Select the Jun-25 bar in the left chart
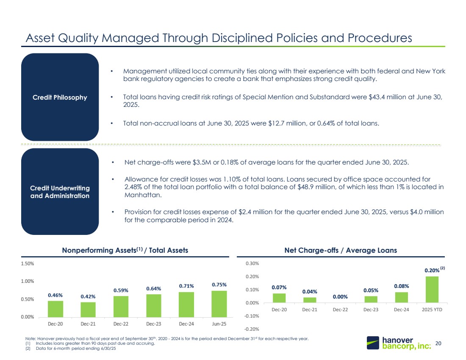(x=219, y=304)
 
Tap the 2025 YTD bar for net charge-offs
(x=432, y=290)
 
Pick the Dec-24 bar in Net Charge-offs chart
(x=401, y=297)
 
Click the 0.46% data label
(x=55, y=295)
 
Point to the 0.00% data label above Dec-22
(x=340, y=297)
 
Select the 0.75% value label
(x=219, y=285)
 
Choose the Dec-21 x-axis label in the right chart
(x=309, y=310)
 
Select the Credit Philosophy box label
(x=60, y=97)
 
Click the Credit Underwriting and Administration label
(x=60, y=192)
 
